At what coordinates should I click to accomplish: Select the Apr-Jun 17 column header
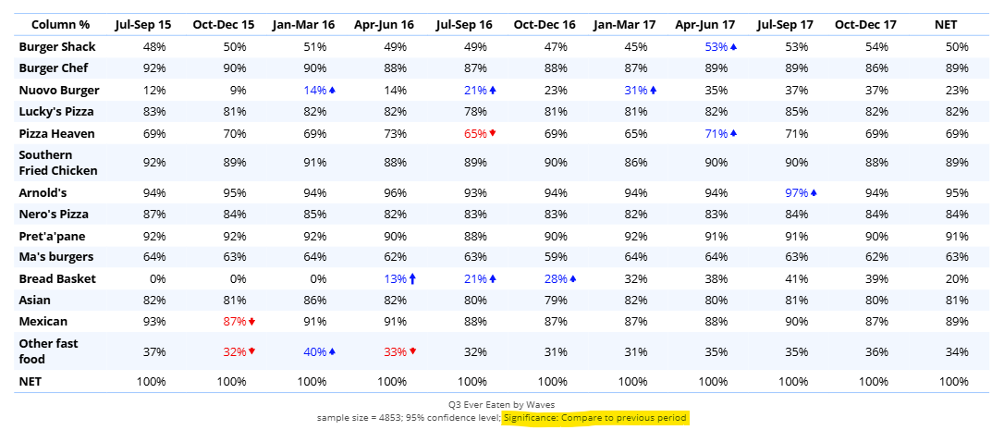(x=704, y=24)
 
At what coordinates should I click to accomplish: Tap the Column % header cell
(x=55, y=24)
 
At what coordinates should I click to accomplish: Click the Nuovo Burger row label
(x=59, y=90)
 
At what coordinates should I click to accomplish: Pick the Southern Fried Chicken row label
(x=58, y=163)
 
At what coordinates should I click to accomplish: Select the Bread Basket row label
(x=57, y=278)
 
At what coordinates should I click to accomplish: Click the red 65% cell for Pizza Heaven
(x=474, y=133)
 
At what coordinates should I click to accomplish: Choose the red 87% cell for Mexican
(x=234, y=322)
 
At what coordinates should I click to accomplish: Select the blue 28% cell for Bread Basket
(x=555, y=278)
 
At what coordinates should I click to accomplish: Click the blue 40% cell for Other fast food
(x=314, y=351)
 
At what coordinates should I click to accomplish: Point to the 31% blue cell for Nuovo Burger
(x=634, y=90)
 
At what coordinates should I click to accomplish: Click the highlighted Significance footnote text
(x=595, y=418)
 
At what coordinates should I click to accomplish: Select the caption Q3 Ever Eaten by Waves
(x=503, y=404)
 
